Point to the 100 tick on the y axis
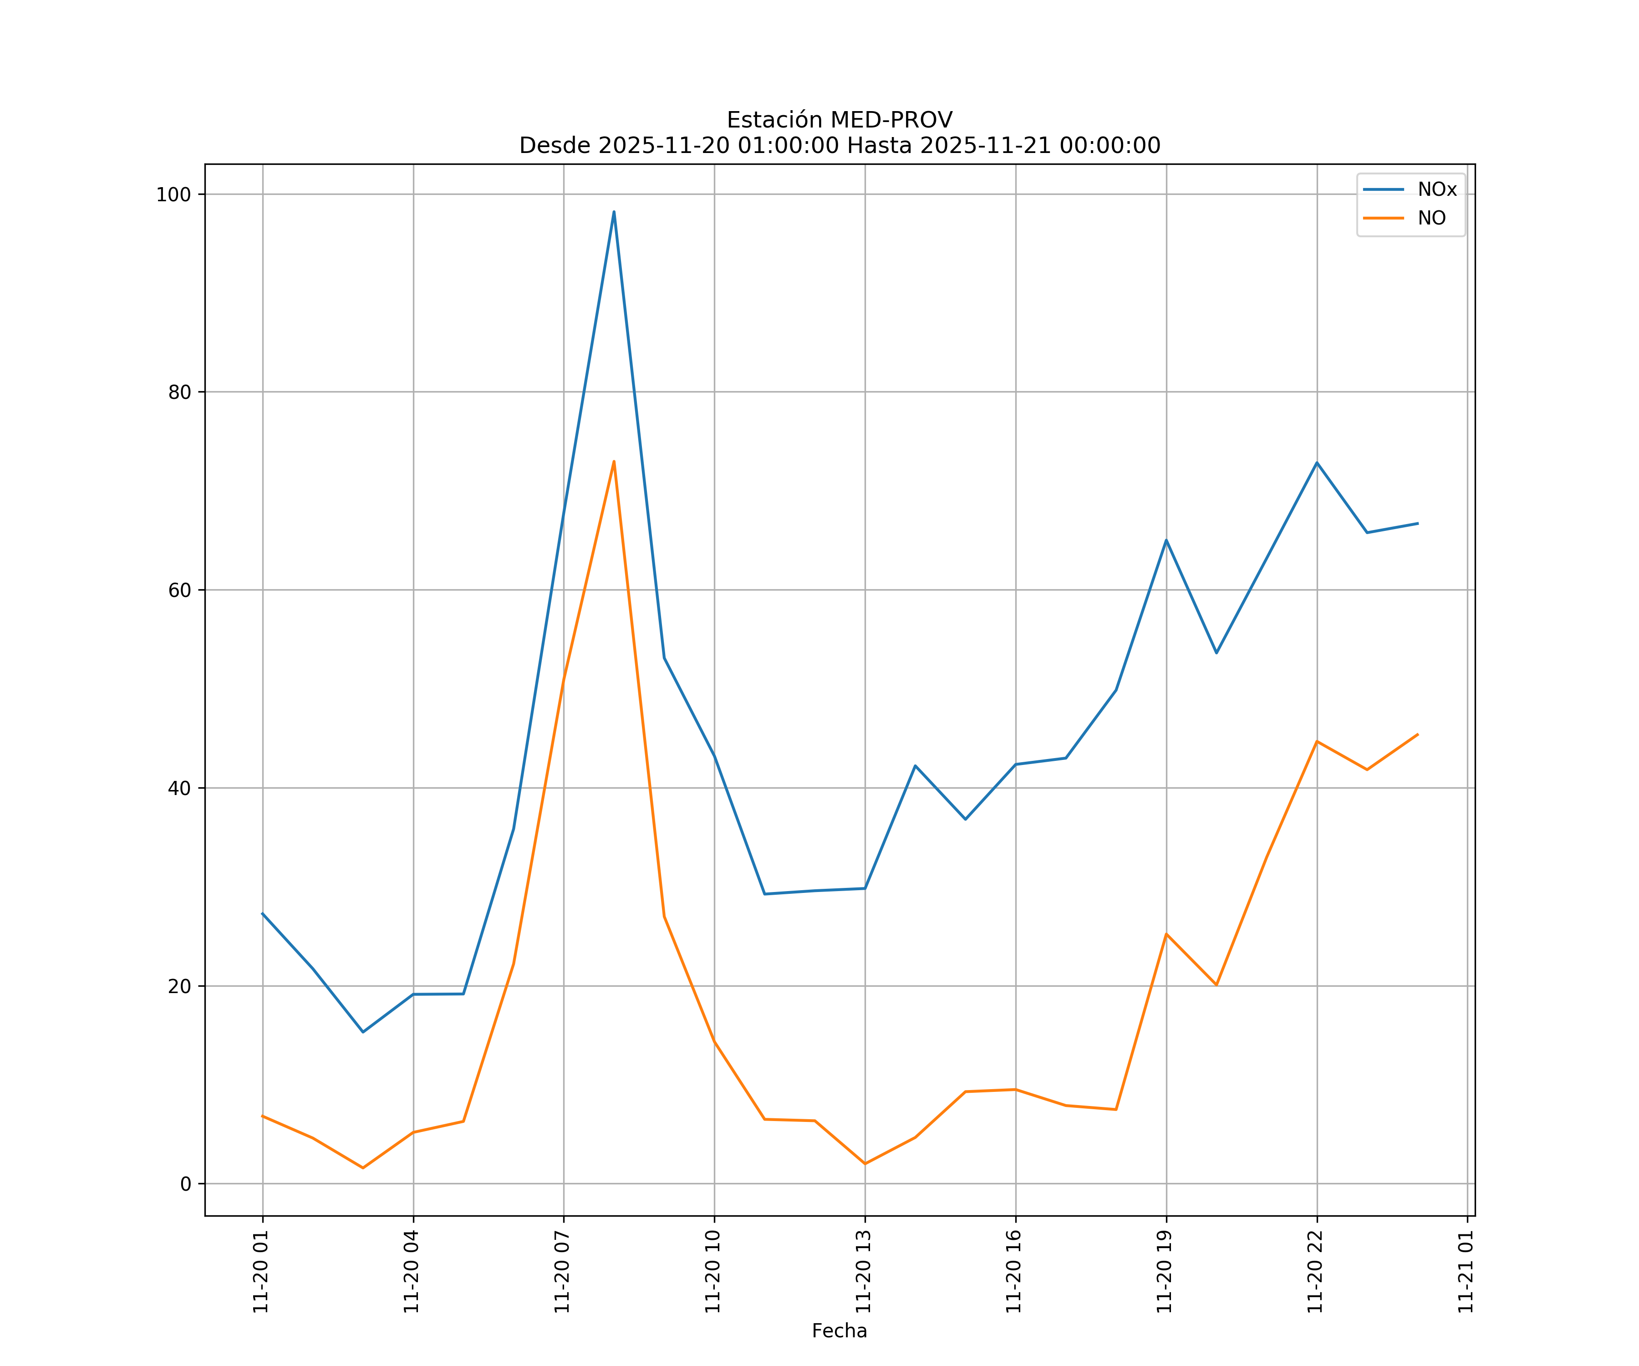[173, 194]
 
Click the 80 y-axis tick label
[179, 392]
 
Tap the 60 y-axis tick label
[179, 590]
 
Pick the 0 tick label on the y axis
[186, 1184]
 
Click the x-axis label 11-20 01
[261, 1272]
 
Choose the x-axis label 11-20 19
[1165, 1272]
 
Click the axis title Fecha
[839, 1331]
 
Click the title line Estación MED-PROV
[839, 120]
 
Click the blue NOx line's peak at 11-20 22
[1317, 463]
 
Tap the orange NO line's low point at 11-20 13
[865, 1164]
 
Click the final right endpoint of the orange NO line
[1417, 734]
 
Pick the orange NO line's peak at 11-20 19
[1166, 933]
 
